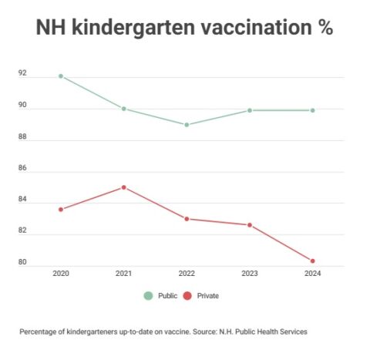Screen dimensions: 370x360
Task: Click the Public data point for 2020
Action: click(x=61, y=76)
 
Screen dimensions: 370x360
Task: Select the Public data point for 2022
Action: click(x=187, y=125)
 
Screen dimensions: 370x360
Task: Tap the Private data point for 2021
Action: click(x=124, y=187)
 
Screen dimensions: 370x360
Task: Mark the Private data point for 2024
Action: click(x=312, y=261)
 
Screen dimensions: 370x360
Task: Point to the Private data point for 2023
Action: click(x=250, y=225)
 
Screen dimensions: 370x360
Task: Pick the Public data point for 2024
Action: click(x=312, y=110)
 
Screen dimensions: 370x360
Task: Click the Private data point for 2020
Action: click(x=61, y=210)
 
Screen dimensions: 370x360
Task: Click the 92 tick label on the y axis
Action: click(x=22, y=73)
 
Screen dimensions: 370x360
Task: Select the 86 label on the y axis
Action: click(x=22, y=168)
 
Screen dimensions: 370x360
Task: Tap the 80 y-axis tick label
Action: click(x=22, y=262)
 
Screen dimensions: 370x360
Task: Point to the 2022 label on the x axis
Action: click(x=187, y=273)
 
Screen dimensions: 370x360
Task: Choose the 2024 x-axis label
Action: click(x=313, y=273)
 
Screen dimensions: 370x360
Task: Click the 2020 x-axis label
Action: click(x=61, y=273)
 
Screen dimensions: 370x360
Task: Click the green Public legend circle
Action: click(x=148, y=296)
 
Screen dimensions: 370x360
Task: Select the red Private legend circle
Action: click(x=187, y=296)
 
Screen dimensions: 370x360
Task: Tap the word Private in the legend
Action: click(x=208, y=296)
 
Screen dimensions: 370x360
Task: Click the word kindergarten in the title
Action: click(x=133, y=28)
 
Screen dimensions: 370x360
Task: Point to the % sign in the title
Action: click(x=325, y=26)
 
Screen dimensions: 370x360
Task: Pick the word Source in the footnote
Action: click(x=204, y=331)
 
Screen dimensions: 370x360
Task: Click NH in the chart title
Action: click(x=51, y=27)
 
